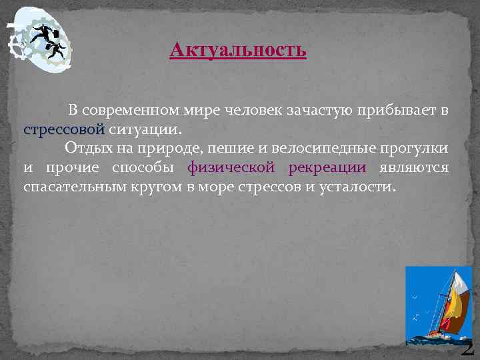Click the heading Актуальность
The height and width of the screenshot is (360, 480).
tap(238, 50)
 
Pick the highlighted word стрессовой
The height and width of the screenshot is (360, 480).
tap(64, 129)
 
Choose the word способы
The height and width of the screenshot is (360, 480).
tap(142, 167)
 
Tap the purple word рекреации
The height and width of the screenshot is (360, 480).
tap(327, 167)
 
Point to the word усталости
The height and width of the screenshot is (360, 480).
tap(360, 187)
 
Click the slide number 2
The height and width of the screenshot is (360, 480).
tap(467, 347)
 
